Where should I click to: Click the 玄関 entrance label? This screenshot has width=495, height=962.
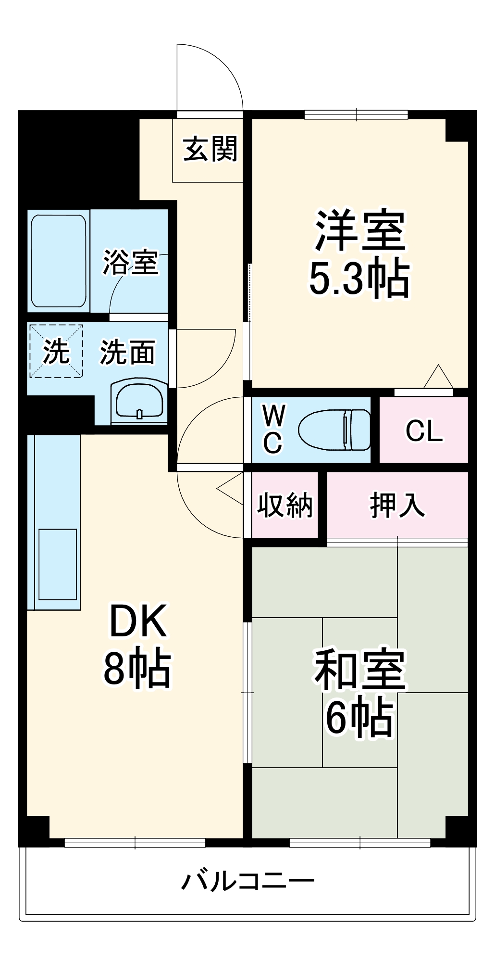(x=210, y=150)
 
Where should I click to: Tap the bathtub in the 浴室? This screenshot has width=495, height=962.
(x=59, y=261)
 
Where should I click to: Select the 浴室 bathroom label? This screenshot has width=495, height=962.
(x=131, y=263)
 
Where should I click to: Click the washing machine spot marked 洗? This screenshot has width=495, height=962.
(x=56, y=352)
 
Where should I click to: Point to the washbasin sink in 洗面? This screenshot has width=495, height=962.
(x=138, y=401)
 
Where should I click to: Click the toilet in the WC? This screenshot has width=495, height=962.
(x=334, y=430)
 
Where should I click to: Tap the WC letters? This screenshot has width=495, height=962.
(x=273, y=430)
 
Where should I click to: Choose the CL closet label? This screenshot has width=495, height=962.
(x=424, y=430)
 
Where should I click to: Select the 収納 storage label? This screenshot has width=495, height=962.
(x=285, y=506)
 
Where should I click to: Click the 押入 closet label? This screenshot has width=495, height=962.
(x=397, y=506)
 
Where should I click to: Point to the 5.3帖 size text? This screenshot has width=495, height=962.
(x=359, y=279)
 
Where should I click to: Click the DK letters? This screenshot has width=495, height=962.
(x=138, y=621)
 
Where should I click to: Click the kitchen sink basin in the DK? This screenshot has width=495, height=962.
(x=58, y=564)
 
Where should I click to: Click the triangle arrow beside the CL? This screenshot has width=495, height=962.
(x=438, y=377)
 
